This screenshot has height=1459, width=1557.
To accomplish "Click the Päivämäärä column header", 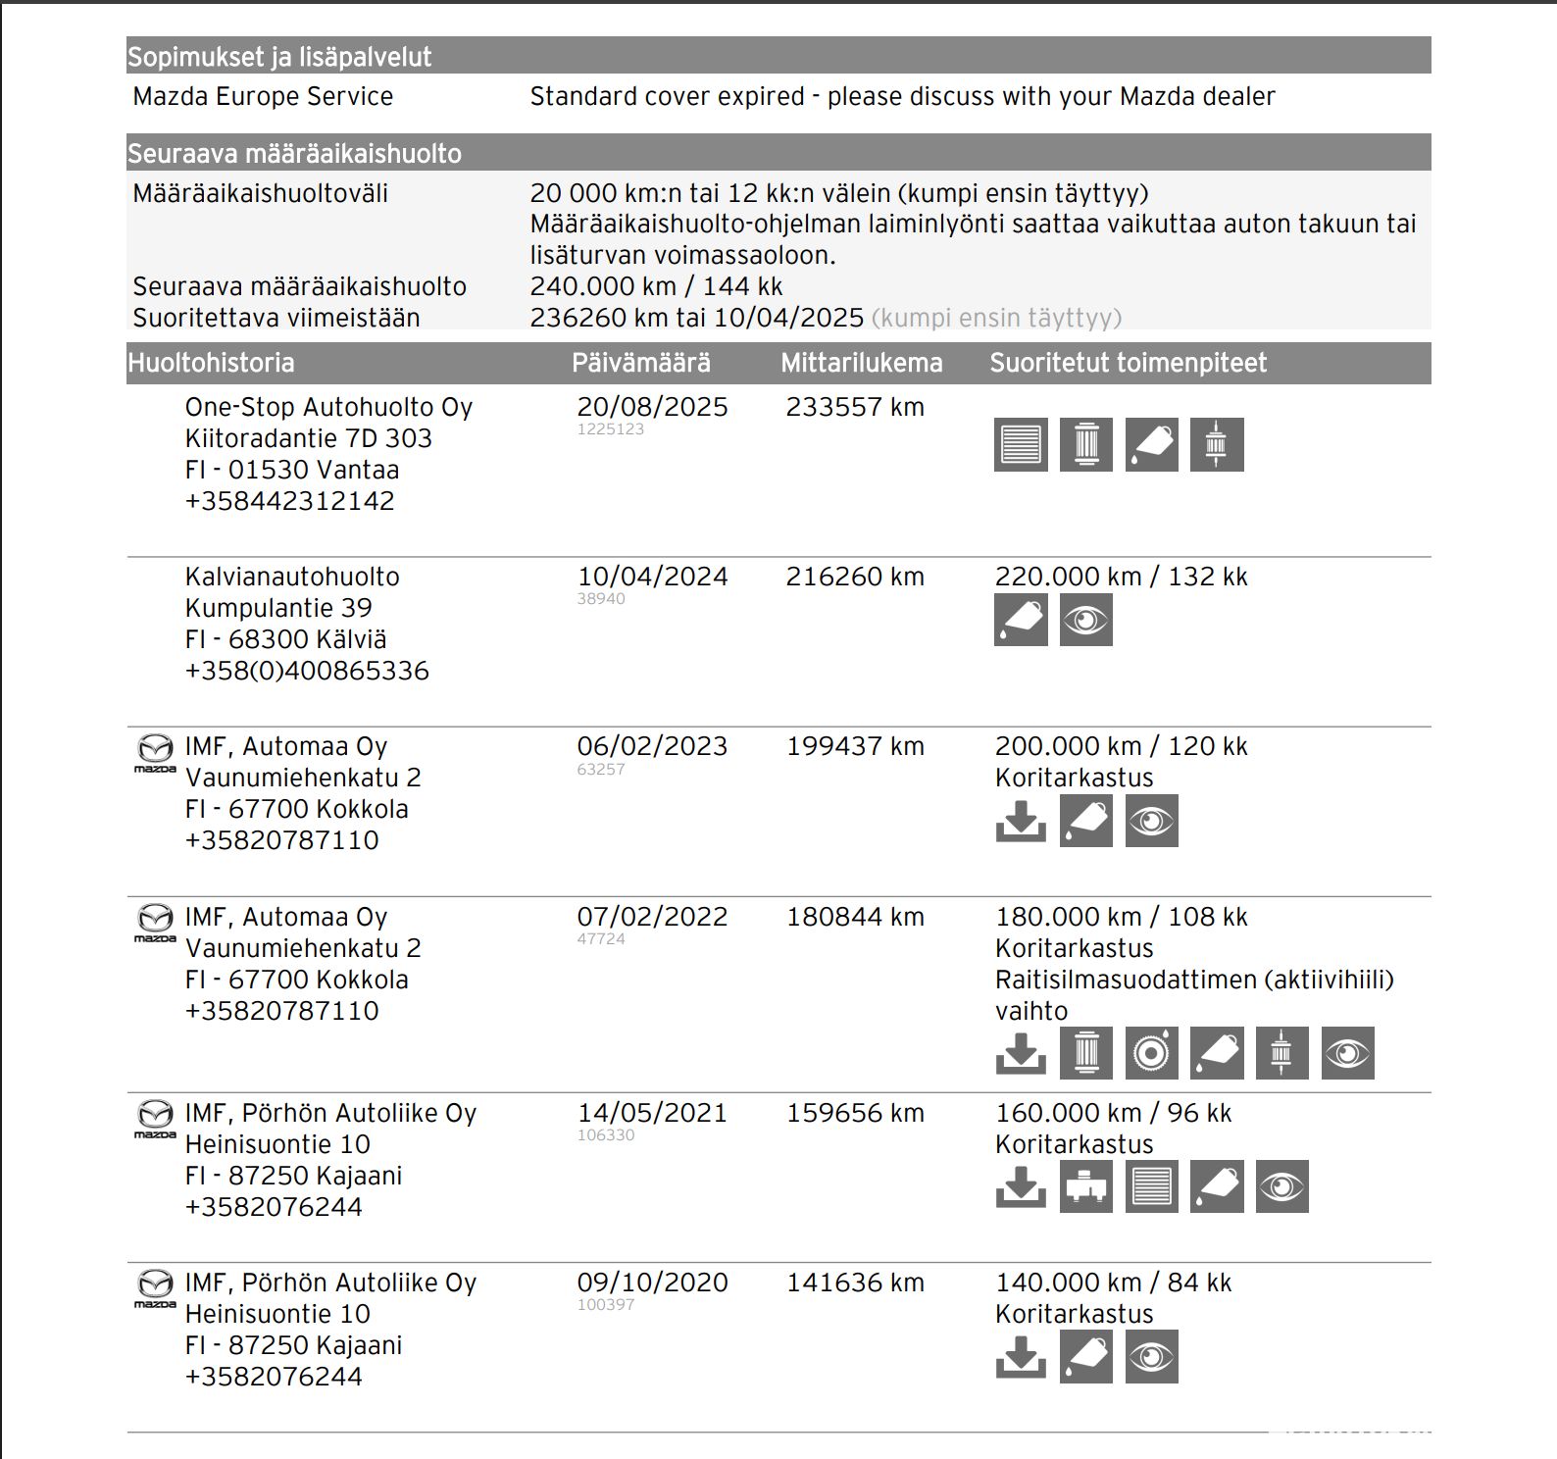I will tap(641, 363).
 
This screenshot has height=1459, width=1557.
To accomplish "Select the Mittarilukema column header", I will tap(861, 363).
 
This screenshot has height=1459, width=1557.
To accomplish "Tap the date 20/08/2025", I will tap(652, 407).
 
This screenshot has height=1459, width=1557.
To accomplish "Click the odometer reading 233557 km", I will tap(855, 407).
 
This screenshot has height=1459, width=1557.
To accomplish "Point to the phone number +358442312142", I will tap(289, 501).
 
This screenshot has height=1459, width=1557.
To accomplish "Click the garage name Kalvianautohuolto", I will tap(292, 577).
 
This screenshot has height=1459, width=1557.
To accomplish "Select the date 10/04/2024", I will tap(652, 577).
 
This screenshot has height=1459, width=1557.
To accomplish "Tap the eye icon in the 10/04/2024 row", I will tap(1086, 621).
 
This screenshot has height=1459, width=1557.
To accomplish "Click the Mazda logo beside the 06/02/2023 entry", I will tap(154, 752).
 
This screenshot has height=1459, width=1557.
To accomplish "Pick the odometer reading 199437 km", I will tap(855, 746).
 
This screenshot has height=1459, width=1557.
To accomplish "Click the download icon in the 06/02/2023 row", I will tap(1021, 821).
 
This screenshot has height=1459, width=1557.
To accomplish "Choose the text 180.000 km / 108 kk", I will tap(1121, 917).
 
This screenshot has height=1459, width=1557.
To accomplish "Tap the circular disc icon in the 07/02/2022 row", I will tap(1151, 1053).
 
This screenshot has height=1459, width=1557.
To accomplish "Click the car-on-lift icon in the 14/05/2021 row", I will tap(1086, 1186).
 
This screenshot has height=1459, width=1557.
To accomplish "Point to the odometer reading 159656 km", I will tap(855, 1113).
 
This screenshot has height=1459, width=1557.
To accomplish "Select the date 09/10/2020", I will tap(652, 1283).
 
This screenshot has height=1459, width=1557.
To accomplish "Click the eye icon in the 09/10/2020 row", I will tap(1151, 1357).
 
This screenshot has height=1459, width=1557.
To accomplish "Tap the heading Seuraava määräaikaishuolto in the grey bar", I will tap(294, 154).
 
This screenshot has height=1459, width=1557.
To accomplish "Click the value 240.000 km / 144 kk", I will tap(656, 286).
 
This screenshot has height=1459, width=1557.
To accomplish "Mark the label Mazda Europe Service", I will tap(263, 96).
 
